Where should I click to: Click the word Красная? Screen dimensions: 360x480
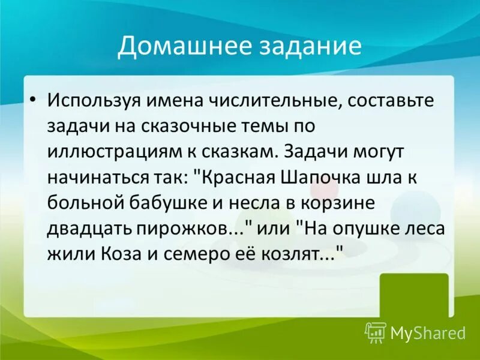point(236,178)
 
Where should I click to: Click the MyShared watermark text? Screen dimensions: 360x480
point(428,332)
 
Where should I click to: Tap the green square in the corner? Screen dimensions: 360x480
point(422,294)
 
